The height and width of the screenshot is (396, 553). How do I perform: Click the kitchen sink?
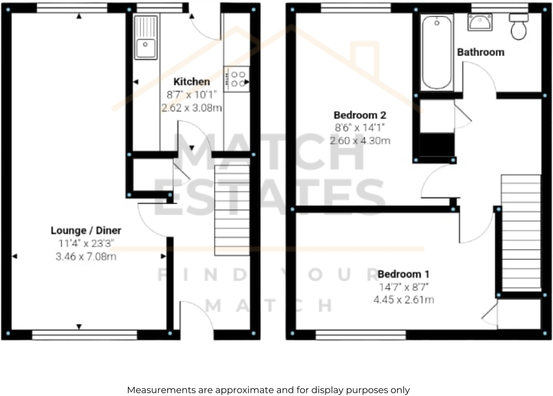click(x=146, y=38)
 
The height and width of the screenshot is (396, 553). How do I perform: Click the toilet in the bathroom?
click(x=519, y=27)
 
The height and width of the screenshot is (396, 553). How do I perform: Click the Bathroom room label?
click(x=481, y=52)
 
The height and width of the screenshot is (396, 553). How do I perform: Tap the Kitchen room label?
click(x=191, y=82)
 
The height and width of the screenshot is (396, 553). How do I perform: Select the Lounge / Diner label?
click(x=86, y=230)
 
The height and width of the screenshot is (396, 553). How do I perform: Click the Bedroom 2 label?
click(x=360, y=115)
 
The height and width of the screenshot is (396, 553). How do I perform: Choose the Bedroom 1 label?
click(x=403, y=274)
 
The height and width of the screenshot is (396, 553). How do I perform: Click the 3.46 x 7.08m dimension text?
click(x=86, y=256)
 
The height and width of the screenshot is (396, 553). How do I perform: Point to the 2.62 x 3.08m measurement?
click(x=191, y=108)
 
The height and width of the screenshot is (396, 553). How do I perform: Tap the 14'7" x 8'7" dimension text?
click(x=404, y=287)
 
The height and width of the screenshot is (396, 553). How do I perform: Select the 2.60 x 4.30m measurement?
click(x=360, y=141)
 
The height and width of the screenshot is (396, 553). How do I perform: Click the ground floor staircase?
click(x=232, y=210)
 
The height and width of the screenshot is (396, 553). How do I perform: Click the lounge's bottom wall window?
click(x=85, y=335)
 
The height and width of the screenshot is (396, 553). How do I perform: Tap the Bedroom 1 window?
click(x=361, y=335)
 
